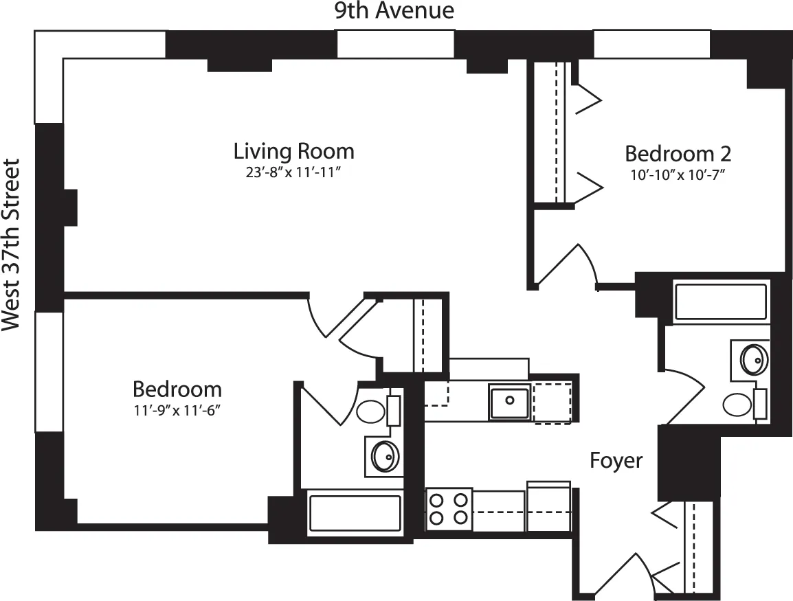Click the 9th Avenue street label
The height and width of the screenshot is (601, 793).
click(x=394, y=11)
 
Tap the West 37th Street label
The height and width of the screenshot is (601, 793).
click(x=12, y=245)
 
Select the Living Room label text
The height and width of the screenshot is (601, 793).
click(x=293, y=150)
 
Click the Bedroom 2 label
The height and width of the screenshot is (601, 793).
click(x=677, y=152)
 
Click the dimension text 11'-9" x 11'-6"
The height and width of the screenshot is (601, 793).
click(x=177, y=411)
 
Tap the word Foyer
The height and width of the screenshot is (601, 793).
click(x=616, y=460)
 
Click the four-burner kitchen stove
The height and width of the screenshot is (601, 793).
click(x=449, y=508)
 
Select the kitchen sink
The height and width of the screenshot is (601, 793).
click(x=509, y=402)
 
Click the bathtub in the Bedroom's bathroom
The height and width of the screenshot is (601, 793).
click(x=355, y=513)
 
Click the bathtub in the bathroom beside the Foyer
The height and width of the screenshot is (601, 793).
click(x=720, y=302)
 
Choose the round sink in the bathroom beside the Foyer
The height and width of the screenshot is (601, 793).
click(x=754, y=359)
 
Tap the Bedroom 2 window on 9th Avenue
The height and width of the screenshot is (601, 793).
click(x=651, y=44)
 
